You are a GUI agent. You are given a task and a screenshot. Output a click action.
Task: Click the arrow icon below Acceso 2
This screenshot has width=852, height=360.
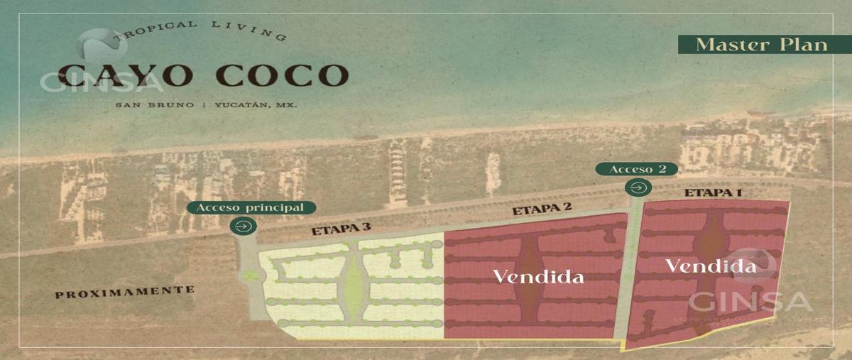tap(637, 187)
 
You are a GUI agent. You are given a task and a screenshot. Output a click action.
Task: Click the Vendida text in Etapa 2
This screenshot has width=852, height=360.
tap(539, 276)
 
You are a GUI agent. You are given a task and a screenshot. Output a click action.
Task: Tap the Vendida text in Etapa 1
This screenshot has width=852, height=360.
tap(710, 267)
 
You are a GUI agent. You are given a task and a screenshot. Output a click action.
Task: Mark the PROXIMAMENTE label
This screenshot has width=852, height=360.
tap(125, 290)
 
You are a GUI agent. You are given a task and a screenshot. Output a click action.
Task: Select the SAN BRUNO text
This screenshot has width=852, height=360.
tap(155, 105)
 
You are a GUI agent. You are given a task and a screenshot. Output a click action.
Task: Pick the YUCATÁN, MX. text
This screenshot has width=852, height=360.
tap(255, 105)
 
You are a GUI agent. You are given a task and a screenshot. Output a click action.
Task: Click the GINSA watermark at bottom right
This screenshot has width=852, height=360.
tap(750, 300)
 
